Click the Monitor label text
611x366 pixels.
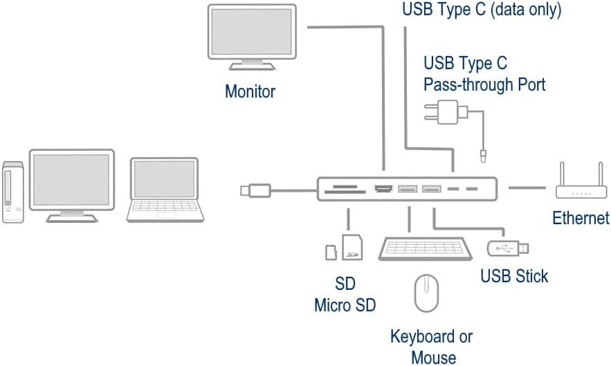[250, 91]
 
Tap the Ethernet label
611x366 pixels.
[581, 218]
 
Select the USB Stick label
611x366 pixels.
[514, 276]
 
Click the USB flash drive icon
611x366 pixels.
[508, 248]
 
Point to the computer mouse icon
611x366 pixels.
[426, 293]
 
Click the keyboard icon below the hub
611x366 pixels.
[425, 248]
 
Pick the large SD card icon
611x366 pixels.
[352, 247]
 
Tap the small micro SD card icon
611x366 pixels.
[331, 253]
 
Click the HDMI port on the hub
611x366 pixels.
[383, 189]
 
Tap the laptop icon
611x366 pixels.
[165, 190]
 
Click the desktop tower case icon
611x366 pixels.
[13, 192]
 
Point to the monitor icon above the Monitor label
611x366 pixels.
[252, 37]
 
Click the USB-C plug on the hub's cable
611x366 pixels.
[255, 190]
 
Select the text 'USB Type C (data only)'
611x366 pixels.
[482, 10]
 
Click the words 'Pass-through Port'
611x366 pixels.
[484, 84]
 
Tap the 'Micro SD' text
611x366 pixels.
[345, 305]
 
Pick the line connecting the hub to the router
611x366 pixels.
[527, 188]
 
